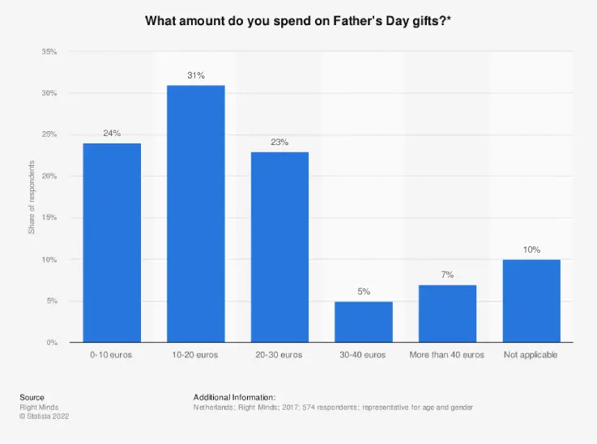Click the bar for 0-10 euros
click(112, 243)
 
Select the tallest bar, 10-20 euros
click(196, 214)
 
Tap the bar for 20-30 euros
click(279, 247)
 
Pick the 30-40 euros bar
click(364, 322)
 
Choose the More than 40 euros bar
click(447, 314)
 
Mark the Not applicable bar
click(531, 301)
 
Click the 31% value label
click(196, 75)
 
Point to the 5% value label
click(364, 292)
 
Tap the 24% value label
click(112, 134)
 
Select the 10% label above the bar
click(531, 250)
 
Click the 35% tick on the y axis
click(49, 52)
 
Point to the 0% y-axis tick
click(51, 343)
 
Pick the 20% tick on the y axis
click(49, 177)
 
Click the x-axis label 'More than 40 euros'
click(447, 355)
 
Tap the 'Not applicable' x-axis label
click(531, 355)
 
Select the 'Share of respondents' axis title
click(32, 198)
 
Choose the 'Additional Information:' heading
click(235, 397)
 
